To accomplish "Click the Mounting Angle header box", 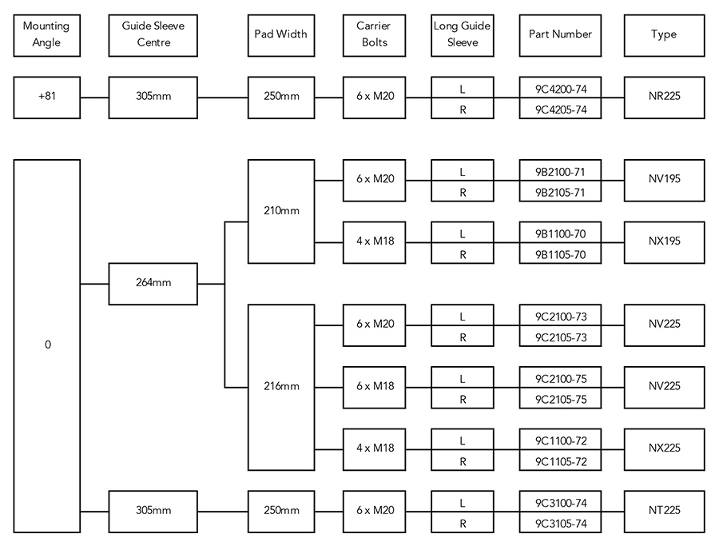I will tap(46, 34).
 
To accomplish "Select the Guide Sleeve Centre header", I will tap(153, 34).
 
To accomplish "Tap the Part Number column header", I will tap(560, 34).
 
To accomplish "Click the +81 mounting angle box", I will tap(46, 98).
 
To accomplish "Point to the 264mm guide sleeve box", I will tap(153, 283).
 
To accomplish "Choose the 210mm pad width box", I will tap(281, 211).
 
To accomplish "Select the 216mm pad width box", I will tap(281, 386).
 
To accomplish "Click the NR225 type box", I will tap(664, 98).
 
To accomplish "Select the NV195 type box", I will tap(664, 181).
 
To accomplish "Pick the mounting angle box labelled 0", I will tap(47, 345).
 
